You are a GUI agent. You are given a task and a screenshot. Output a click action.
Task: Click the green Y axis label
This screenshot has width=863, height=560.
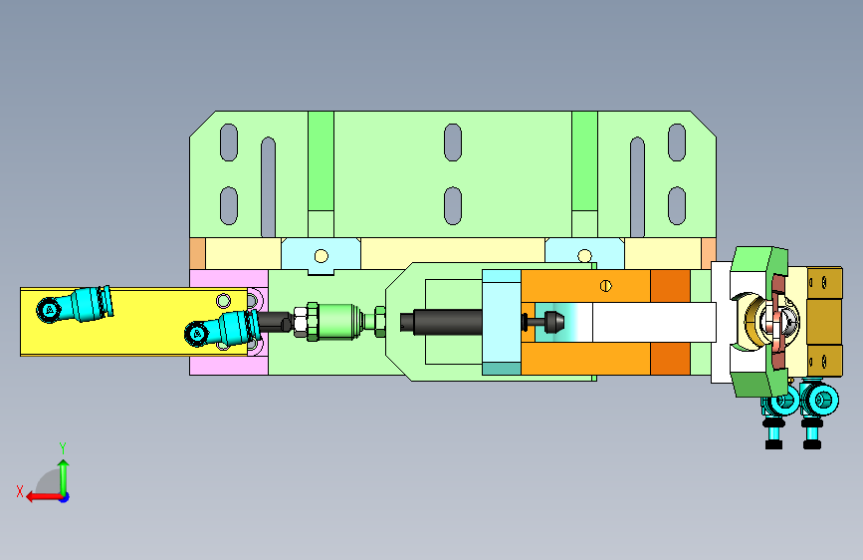(x=63, y=447)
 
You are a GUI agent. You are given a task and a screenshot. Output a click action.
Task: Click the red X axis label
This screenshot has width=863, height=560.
(x=20, y=491)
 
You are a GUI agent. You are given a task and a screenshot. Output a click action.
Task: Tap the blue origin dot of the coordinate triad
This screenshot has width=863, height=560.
(x=65, y=497)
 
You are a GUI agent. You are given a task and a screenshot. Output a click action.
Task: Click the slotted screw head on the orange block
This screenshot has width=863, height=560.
(x=605, y=286)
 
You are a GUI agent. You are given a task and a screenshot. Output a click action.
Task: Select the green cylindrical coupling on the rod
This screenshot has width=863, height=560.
(x=336, y=321)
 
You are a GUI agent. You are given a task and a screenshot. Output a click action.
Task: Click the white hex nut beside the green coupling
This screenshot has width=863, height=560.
(x=300, y=322)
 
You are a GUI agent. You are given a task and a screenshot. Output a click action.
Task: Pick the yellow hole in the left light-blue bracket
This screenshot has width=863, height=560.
(x=321, y=256)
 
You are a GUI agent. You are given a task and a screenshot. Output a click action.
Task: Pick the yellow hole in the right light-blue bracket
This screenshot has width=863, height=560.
(x=584, y=256)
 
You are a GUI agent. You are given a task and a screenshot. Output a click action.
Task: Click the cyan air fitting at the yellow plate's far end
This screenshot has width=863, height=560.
(x=76, y=304)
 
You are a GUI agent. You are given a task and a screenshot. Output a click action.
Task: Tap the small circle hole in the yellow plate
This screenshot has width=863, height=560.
(x=223, y=300)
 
